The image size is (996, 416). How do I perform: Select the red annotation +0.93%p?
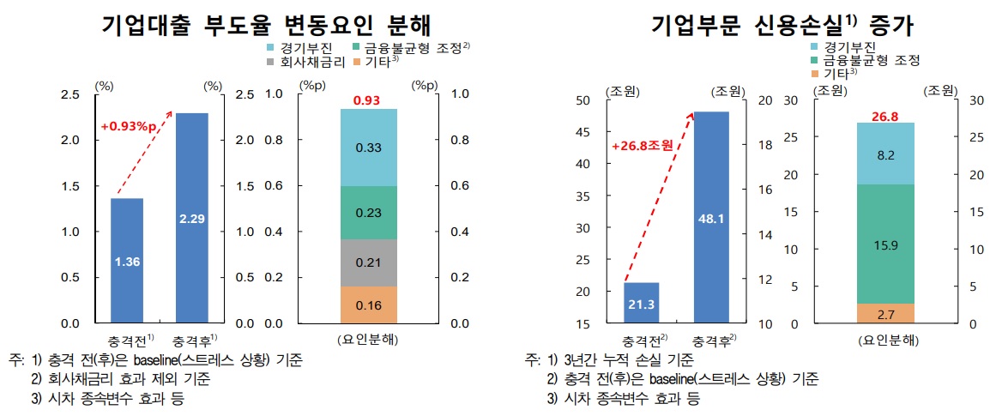(x=130, y=128)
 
